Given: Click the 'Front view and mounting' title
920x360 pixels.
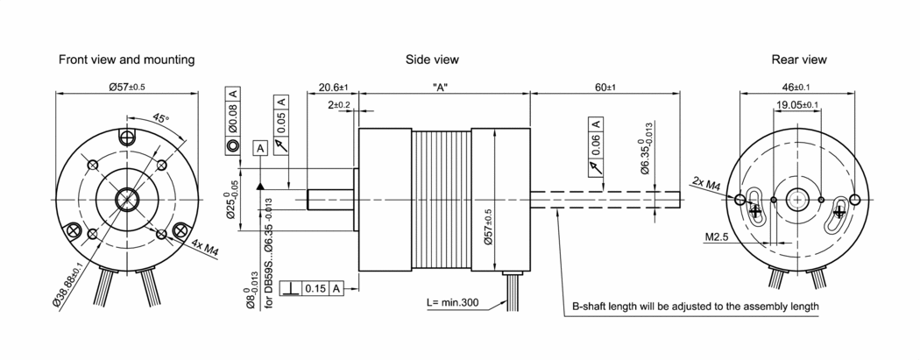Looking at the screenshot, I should click(126, 60).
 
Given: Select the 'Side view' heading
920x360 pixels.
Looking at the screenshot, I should click(432, 60).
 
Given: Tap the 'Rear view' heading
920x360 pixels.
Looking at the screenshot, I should click(799, 60).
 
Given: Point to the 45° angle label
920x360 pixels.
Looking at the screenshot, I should click(161, 117).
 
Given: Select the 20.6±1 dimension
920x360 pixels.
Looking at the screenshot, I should click(333, 88).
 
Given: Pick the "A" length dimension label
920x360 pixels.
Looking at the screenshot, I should click(442, 88).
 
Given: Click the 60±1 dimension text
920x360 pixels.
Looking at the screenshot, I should click(605, 88).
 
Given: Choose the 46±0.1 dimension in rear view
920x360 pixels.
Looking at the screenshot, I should click(796, 88).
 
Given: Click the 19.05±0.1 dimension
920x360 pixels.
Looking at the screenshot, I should click(797, 105).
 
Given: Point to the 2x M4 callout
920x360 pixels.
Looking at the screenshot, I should click(706, 185).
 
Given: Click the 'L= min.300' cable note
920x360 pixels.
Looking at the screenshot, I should click(453, 302).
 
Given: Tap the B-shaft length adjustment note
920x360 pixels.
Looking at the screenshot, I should click(696, 307).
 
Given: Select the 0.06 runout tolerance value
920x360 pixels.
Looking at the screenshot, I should click(596, 142).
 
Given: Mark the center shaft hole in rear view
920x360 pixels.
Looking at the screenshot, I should click(797, 199).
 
